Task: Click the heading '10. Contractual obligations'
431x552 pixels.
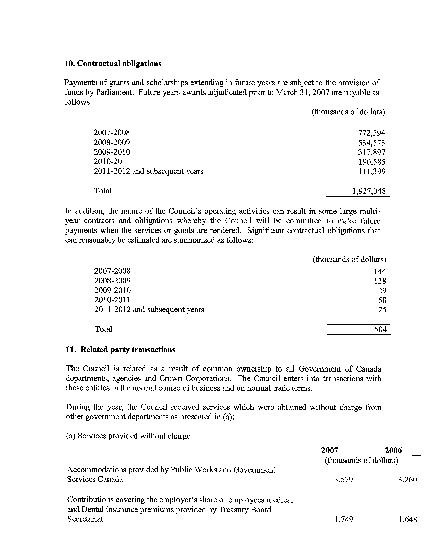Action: click(113, 63)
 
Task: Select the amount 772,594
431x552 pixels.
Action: click(371, 133)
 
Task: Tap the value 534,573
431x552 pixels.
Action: click(371, 143)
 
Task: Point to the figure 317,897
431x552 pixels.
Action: click(371, 152)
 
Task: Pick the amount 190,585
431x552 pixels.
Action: click(371, 162)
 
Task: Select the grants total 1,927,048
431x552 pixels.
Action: click(369, 191)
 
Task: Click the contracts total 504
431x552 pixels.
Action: click(380, 329)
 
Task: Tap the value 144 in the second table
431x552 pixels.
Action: click(380, 271)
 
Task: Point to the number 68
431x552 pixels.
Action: click(382, 300)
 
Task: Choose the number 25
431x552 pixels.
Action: click(382, 310)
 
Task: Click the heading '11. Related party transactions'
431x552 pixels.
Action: click(121, 350)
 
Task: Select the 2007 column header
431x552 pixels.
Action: click(330, 450)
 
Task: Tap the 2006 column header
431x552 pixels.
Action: click(393, 450)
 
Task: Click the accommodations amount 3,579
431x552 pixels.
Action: click(343, 480)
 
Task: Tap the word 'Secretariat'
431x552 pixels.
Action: click(85, 519)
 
